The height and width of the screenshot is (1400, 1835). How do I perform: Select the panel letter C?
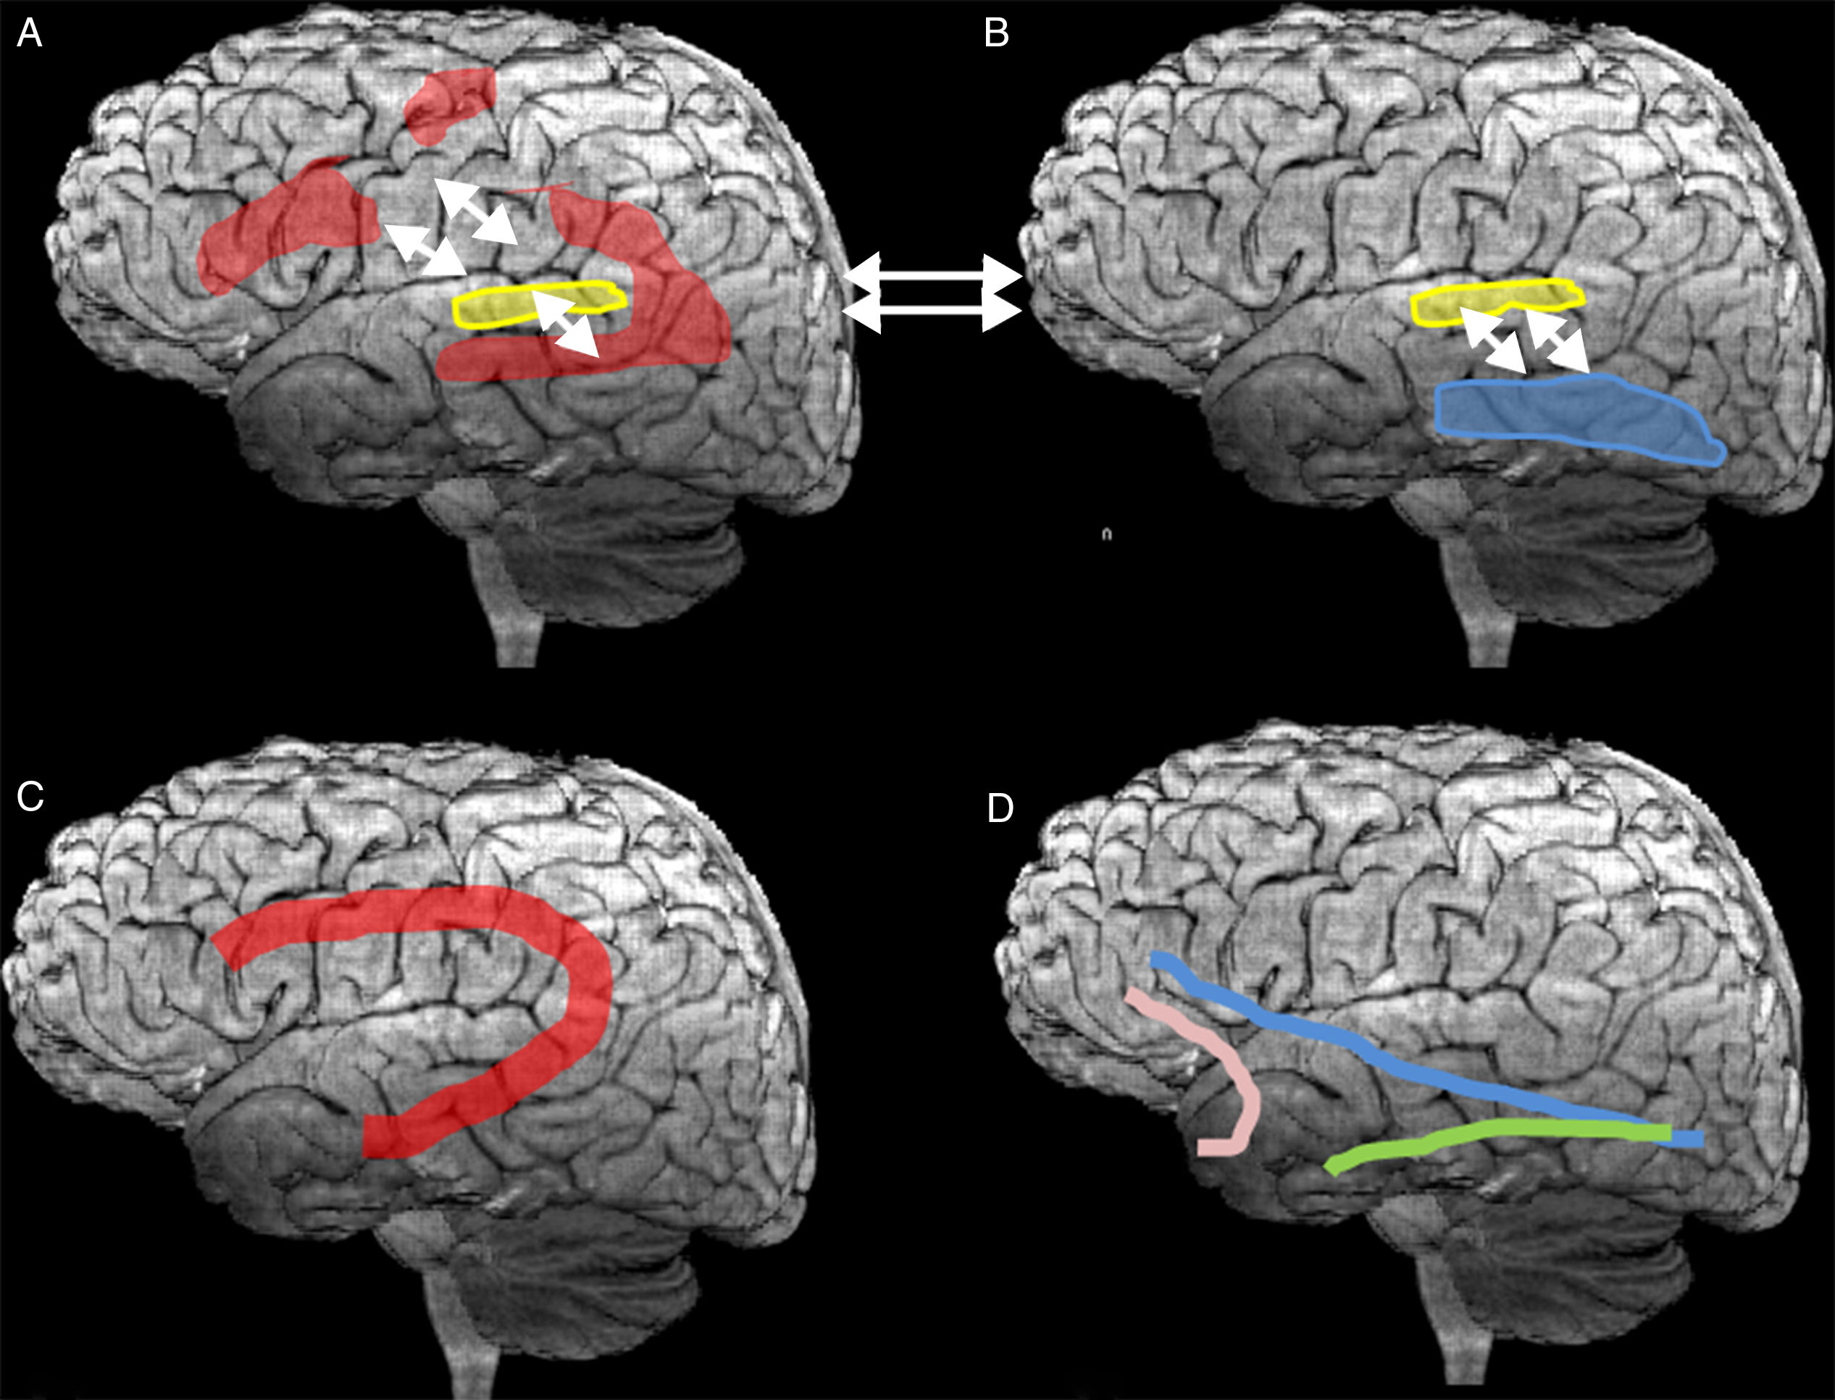30,797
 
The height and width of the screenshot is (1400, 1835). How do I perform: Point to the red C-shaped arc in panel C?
583,1000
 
